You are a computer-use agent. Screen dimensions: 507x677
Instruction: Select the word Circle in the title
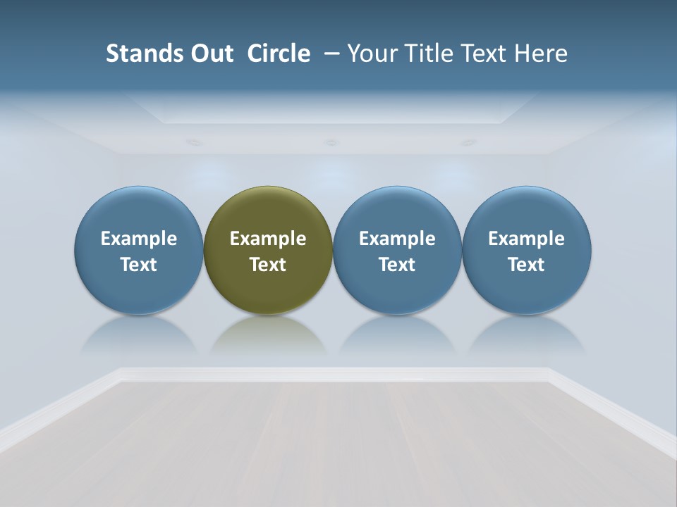[279, 54]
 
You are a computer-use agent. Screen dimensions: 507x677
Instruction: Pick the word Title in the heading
[426, 54]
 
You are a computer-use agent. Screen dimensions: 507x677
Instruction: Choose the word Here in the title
[541, 54]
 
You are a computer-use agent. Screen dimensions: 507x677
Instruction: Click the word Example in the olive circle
[268, 239]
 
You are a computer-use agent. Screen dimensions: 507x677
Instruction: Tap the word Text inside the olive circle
[268, 265]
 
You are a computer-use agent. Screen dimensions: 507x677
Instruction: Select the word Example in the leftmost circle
[139, 239]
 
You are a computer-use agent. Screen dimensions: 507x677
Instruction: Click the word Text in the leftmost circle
[139, 265]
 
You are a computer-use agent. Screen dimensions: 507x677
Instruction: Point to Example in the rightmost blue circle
[526, 239]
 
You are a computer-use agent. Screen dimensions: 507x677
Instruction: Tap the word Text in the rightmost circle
[526, 265]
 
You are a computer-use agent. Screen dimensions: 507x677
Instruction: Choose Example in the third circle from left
[397, 239]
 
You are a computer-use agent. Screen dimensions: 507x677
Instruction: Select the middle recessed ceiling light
[331, 142]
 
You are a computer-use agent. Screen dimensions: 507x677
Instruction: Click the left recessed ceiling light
[193, 142]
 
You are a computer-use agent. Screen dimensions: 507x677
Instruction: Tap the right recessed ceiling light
[468, 142]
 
